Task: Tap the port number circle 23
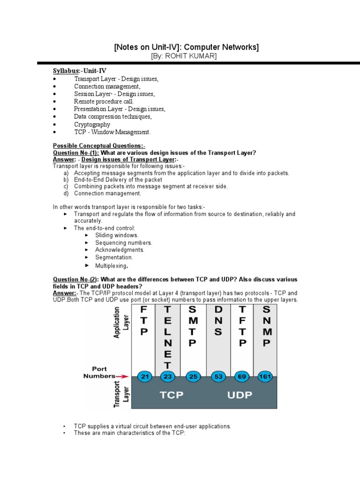tap(168, 376)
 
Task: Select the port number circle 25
tap(192, 376)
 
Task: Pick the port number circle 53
tap(217, 376)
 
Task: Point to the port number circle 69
tap(242, 376)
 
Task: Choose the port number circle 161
tap(266, 376)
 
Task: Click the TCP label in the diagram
tap(171, 395)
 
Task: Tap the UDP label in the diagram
tap(240, 395)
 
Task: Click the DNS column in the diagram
tap(218, 323)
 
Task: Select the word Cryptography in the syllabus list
tap(92, 125)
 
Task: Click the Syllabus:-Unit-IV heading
tap(79, 70)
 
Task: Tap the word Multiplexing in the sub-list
tap(111, 266)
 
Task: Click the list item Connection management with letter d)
tap(107, 193)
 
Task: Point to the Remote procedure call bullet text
tap(104, 101)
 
